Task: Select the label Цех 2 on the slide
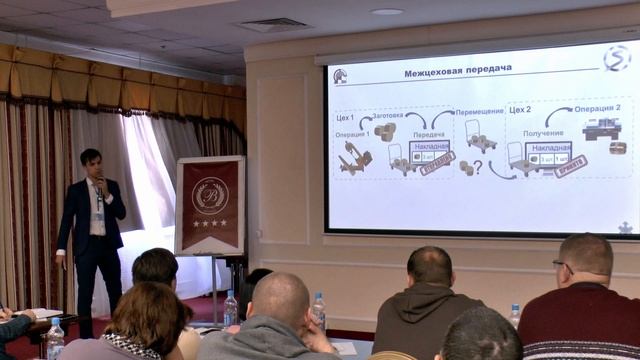coord(520,110)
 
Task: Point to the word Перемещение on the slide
coord(480,112)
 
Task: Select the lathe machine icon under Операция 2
coord(601,129)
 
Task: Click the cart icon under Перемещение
coord(480,134)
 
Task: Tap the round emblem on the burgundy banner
coord(209,193)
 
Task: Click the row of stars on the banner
coord(209,223)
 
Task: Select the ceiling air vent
coord(274,24)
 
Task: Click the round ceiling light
coord(386,11)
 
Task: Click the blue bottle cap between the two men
coord(318,297)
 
